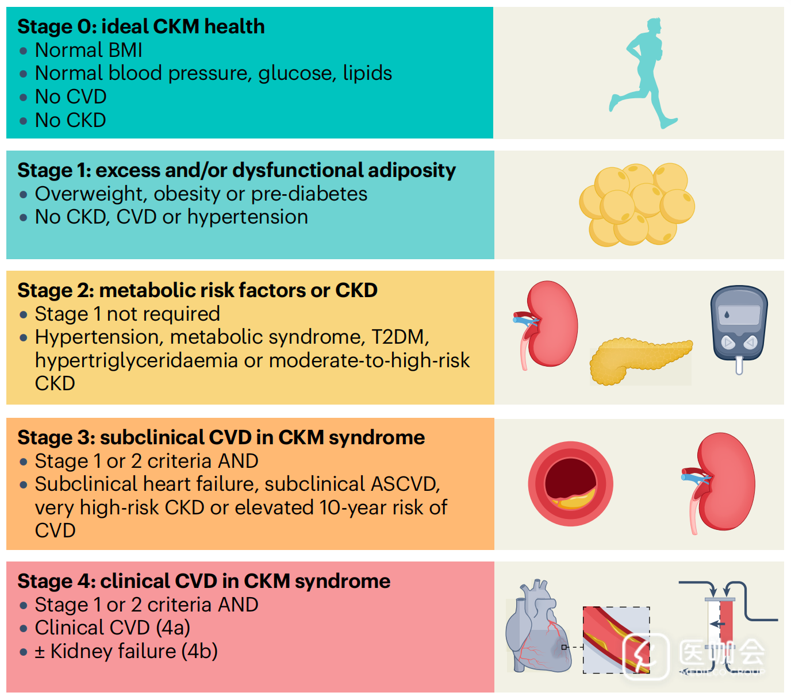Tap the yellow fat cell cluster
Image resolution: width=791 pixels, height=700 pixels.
click(637, 205)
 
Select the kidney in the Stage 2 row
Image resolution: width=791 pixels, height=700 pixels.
click(547, 325)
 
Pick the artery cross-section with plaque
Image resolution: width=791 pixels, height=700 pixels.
click(570, 484)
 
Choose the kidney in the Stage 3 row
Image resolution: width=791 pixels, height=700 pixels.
click(719, 483)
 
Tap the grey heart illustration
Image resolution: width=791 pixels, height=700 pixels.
click(537, 626)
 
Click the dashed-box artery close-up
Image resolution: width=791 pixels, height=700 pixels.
click(616, 640)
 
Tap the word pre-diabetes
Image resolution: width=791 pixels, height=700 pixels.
click(309, 194)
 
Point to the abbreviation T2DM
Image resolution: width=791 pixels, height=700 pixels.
click(400, 337)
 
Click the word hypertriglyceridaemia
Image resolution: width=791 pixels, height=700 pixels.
click(136, 360)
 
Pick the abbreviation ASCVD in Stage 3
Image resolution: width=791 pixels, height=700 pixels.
click(405, 484)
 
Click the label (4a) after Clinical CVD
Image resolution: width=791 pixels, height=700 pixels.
click(173, 628)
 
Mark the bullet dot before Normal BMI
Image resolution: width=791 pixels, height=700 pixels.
click(24, 51)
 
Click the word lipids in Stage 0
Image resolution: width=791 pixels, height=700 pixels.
click(367, 74)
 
